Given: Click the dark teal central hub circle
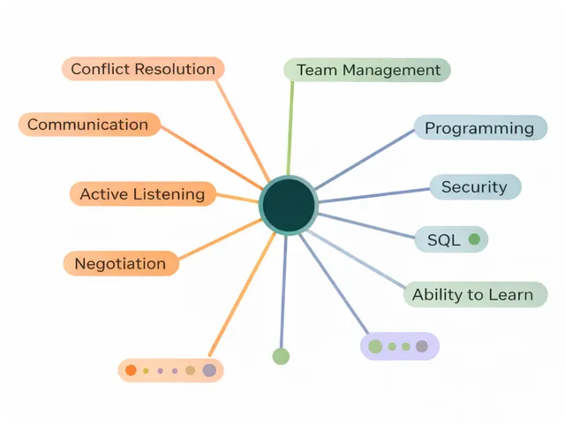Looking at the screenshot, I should click(x=288, y=205).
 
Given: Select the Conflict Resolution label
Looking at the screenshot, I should click(x=143, y=69).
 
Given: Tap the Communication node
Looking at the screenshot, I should click(x=88, y=125).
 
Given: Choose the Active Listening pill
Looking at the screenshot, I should click(x=142, y=194).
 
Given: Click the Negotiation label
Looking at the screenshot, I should click(x=120, y=263).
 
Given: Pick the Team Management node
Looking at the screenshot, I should click(x=367, y=70).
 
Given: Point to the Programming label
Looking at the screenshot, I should click(x=479, y=128).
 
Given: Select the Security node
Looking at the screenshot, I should click(x=475, y=187).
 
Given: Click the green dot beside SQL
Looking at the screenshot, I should click(x=474, y=239).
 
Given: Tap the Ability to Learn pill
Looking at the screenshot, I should click(x=474, y=295).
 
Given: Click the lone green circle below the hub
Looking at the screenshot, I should click(x=281, y=356).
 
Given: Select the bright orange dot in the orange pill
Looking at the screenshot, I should click(x=131, y=370).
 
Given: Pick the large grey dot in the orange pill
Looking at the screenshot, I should click(x=209, y=370).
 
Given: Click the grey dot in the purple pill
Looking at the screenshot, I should click(x=422, y=346).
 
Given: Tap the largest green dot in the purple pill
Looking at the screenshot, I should click(x=375, y=346).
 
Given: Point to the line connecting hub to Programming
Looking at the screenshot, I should click(x=366, y=159).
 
